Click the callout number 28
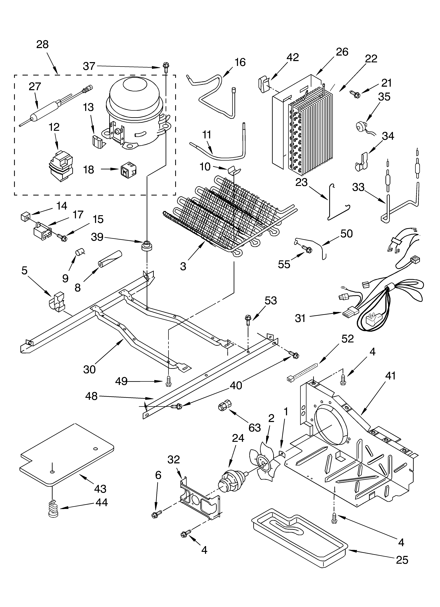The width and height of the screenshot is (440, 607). point(42,44)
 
